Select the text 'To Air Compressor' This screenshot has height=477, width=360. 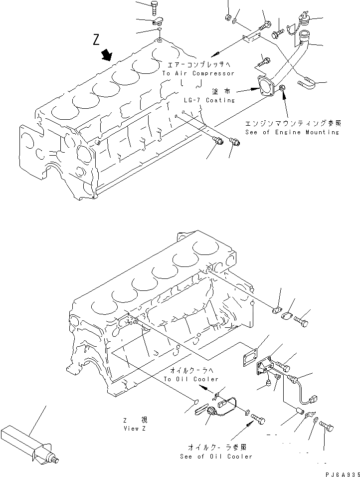click(x=198, y=73)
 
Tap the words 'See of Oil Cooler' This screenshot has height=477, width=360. click(x=217, y=457)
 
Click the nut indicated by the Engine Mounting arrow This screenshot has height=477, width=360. click(x=282, y=89)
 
